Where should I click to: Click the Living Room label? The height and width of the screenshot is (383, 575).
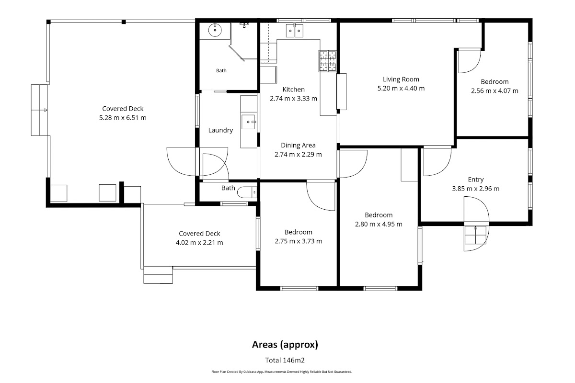401,79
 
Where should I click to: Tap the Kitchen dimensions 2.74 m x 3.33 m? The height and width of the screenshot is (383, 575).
293,99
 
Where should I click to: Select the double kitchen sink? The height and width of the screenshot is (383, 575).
294,31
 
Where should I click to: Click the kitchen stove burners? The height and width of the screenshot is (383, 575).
328,61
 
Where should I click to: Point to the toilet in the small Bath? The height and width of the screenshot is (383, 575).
247,192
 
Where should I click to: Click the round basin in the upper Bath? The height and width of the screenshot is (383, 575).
215,30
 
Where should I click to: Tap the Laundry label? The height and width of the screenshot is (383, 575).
220,130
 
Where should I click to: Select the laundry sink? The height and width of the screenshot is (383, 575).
248,122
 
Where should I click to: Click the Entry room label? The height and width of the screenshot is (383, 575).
476,180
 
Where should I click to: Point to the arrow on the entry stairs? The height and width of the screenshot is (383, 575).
475,235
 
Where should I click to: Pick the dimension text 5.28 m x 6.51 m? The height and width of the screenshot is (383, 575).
123,118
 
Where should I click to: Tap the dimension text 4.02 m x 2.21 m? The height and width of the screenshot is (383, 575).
199,243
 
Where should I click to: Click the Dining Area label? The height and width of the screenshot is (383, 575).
298,145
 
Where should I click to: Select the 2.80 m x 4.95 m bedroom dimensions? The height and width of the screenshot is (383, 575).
379,224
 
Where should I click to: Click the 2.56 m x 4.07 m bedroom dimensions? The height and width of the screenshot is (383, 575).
494,91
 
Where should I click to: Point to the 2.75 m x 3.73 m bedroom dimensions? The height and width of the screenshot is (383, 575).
298,241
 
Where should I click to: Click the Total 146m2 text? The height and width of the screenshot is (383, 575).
285,360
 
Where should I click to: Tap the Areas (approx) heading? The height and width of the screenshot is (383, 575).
285,345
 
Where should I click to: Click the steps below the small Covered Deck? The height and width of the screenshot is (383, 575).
158,275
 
